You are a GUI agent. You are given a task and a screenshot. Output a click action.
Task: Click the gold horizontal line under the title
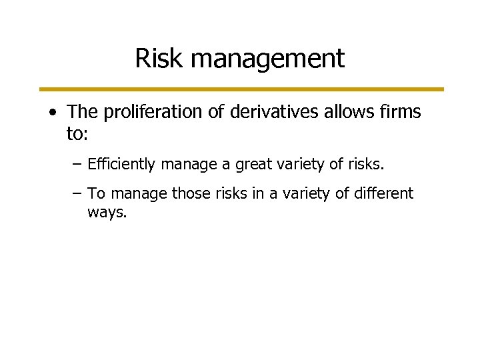pos(240,89)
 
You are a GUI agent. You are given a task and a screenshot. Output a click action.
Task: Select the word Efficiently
pos(120,163)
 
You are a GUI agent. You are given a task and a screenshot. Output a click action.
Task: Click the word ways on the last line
pos(107,213)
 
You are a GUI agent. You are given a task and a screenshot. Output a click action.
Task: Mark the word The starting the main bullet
pos(81,113)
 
